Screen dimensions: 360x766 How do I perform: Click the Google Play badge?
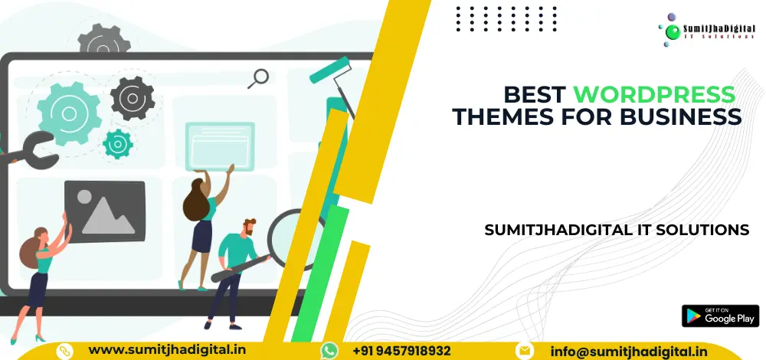tap(719, 316)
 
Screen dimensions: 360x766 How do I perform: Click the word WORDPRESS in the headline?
tap(654, 95)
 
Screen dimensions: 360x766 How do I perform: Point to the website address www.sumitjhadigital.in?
tap(168, 349)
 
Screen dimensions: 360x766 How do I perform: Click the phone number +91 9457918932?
tap(401, 350)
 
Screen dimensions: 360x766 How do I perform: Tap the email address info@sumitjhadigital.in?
tap(629, 350)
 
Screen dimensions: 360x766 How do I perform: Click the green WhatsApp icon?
tap(329, 350)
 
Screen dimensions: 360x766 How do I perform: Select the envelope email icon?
tap(524, 350)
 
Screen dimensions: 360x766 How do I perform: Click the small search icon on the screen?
tap(260, 77)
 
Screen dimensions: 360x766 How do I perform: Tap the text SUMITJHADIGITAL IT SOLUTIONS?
tap(617, 229)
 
